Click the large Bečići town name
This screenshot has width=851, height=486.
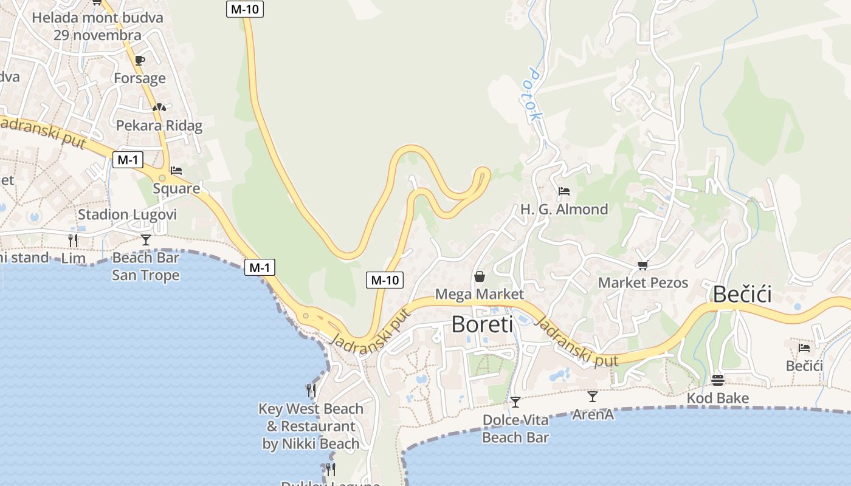pos(742,295)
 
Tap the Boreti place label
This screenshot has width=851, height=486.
pos(482,324)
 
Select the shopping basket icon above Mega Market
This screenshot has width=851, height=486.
pos(480,277)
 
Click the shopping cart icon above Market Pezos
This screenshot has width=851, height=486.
pos(643,265)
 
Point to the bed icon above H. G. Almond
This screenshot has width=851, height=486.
pos(564,191)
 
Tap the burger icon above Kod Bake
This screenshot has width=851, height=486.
pos(718,380)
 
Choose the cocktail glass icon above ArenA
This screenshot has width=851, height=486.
pos(593,397)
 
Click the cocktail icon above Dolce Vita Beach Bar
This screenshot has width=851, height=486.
pos(515,402)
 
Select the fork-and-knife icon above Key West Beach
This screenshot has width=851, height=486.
pos(311,390)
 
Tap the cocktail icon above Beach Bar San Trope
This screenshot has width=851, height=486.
pos(146,239)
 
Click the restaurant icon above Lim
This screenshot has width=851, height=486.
pos(73,240)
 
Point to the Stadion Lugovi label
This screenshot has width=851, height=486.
pos(127,214)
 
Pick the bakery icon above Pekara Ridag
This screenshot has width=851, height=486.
pos(159,108)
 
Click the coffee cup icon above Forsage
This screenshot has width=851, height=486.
pos(140,60)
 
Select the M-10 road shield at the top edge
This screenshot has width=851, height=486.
pos(245,9)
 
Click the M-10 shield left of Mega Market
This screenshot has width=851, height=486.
pos(385,280)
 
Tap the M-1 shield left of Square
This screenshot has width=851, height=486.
pos(128,160)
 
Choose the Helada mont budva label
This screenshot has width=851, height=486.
pos(97,18)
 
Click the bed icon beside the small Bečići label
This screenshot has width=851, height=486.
pos(804,348)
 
